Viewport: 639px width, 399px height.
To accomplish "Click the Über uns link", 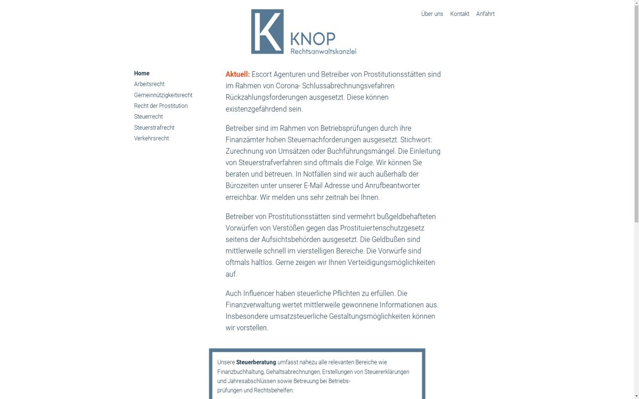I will tap(432, 14).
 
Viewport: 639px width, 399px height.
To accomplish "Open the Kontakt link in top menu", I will tap(460, 14).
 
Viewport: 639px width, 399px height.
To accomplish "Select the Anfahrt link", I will tap(485, 14).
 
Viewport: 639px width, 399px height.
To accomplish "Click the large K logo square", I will tap(267, 31).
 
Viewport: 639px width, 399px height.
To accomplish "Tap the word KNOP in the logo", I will tap(313, 39).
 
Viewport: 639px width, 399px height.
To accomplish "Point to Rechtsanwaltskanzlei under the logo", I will tap(323, 52).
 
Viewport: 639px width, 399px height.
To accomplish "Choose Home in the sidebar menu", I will tap(142, 73).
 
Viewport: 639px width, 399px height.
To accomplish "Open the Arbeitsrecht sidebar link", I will tap(149, 84).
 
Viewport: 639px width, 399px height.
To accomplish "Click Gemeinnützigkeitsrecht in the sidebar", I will tap(163, 95).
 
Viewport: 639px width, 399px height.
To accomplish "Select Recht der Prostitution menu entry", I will tap(161, 106).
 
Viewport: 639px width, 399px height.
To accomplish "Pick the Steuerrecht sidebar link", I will tap(149, 117).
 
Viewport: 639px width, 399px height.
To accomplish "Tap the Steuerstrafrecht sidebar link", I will tap(154, 128).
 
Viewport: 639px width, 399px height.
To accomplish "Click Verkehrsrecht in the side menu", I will tap(151, 138).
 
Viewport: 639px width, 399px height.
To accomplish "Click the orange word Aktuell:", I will tap(237, 74).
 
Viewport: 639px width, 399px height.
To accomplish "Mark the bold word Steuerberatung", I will tap(256, 362).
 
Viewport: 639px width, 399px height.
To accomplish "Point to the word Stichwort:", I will tap(416, 140).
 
